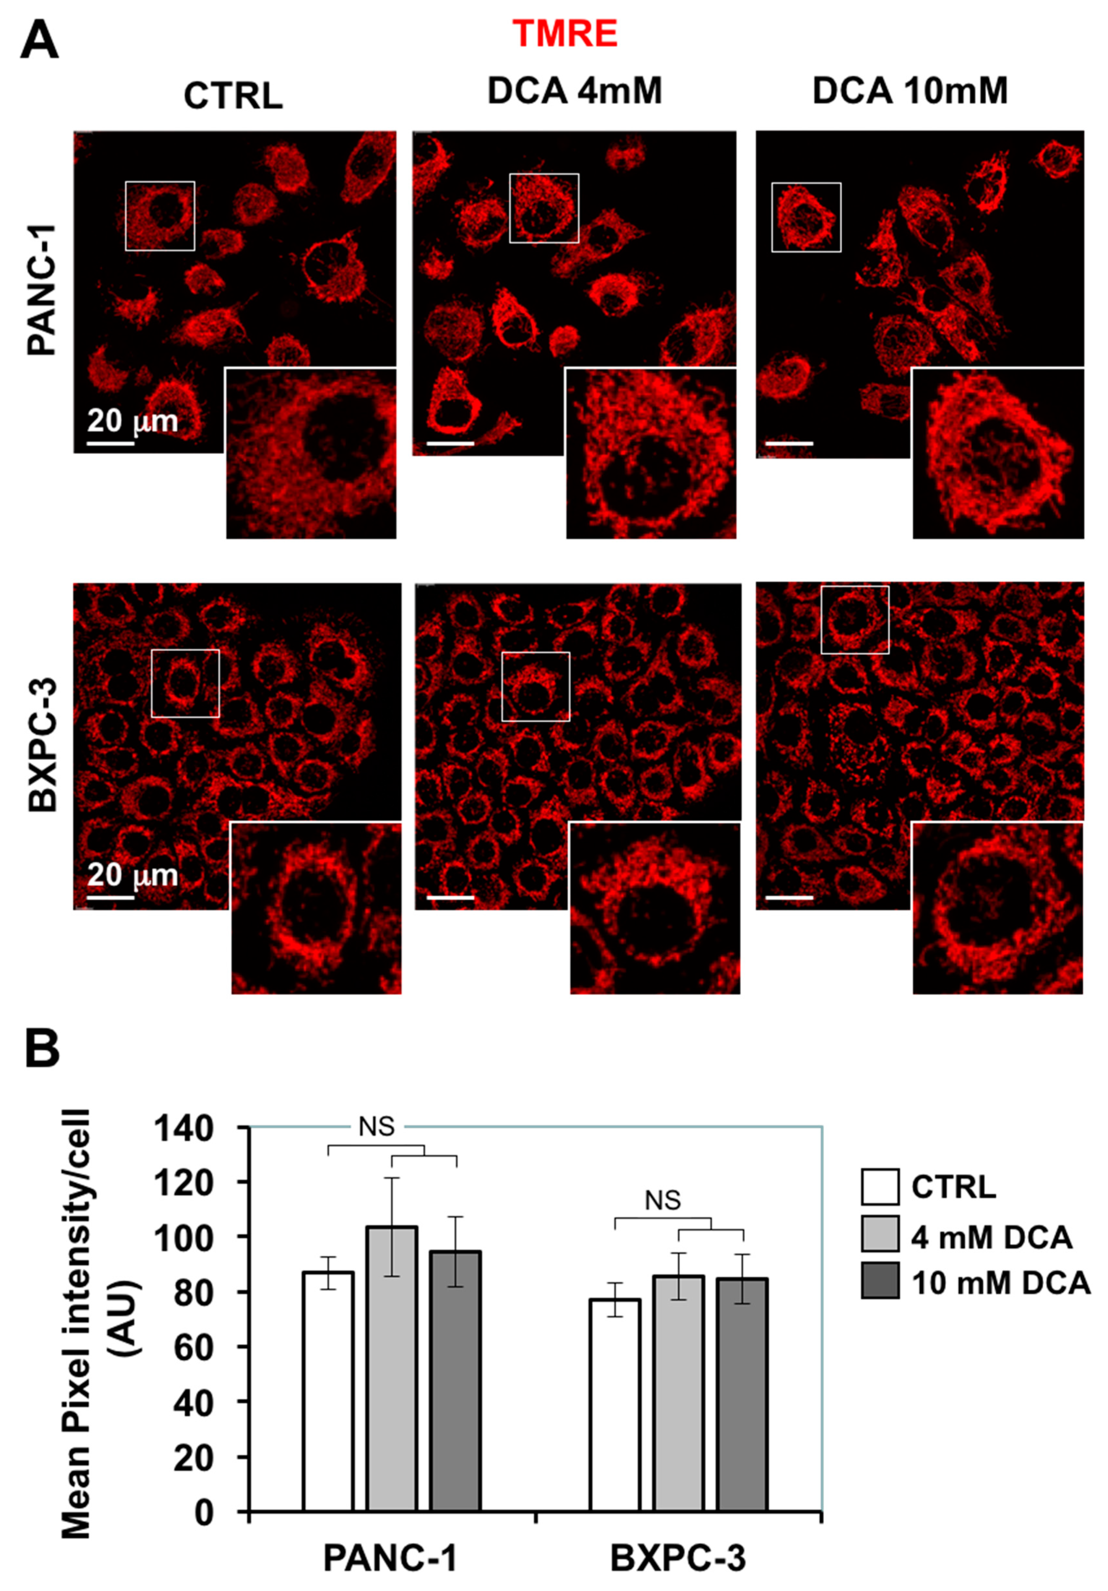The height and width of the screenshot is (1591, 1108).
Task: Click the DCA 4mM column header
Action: tap(574, 91)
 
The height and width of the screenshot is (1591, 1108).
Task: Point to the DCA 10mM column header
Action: tap(910, 91)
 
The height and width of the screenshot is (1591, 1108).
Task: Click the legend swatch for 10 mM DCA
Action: tap(879, 1280)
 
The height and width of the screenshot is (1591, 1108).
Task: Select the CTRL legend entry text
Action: tap(954, 1187)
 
